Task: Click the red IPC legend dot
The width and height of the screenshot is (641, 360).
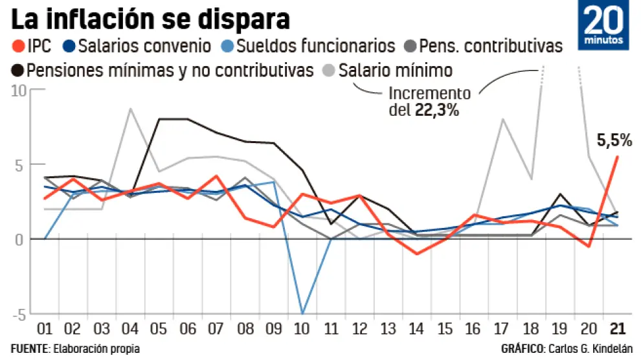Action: pos(19,47)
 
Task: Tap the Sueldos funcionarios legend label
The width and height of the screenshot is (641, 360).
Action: pos(315,47)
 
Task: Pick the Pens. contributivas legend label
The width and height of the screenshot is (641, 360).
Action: pos(491,47)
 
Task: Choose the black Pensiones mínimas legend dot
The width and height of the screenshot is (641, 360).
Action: pos(19,70)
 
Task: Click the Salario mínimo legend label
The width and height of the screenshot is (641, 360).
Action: pos(395,70)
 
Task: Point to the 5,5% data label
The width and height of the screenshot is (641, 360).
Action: pos(613,140)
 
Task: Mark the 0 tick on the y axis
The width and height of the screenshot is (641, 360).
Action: pos(21,240)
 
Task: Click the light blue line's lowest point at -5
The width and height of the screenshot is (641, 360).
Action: pos(302,314)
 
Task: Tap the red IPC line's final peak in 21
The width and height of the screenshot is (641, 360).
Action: pos(618,157)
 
